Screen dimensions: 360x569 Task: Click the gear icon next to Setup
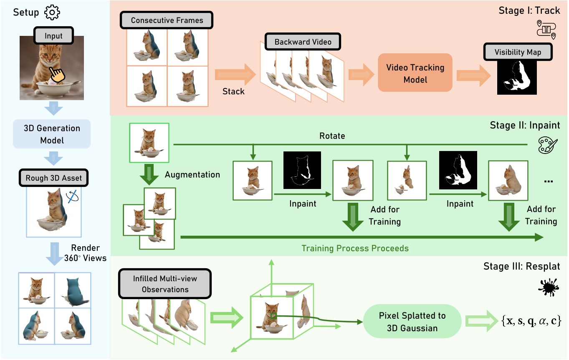[x=52, y=13]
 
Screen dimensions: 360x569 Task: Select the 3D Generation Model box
[x=52, y=134]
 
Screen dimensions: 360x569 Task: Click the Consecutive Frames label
[x=167, y=20]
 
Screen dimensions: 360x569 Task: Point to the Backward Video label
[x=303, y=42]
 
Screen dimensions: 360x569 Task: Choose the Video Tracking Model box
[x=415, y=73]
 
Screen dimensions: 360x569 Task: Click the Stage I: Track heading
[x=529, y=10]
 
